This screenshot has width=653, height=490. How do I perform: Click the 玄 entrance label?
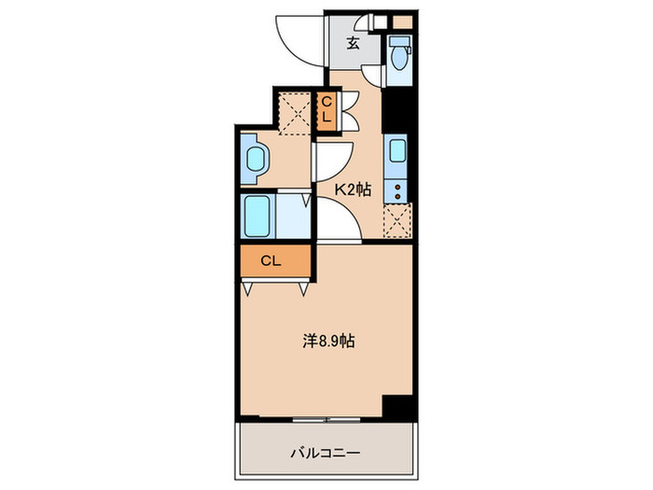pyautogui.click(x=354, y=42)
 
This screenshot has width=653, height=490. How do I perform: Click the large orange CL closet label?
pyautogui.click(x=271, y=260)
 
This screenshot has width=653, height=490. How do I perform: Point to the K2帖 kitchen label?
pyautogui.click(x=354, y=189)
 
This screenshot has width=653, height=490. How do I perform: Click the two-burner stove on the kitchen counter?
pyautogui.click(x=397, y=190)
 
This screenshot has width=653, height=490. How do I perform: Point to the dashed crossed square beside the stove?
pyautogui.click(x=396, y=222)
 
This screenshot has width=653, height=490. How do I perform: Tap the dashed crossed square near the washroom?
pyautogui.click(x=294, y=112)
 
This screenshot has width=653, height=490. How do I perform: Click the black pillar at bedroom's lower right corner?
pyautogui.click(x=398, y=407)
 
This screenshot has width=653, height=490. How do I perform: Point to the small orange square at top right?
pyautogui.click(x=402, y=20)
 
